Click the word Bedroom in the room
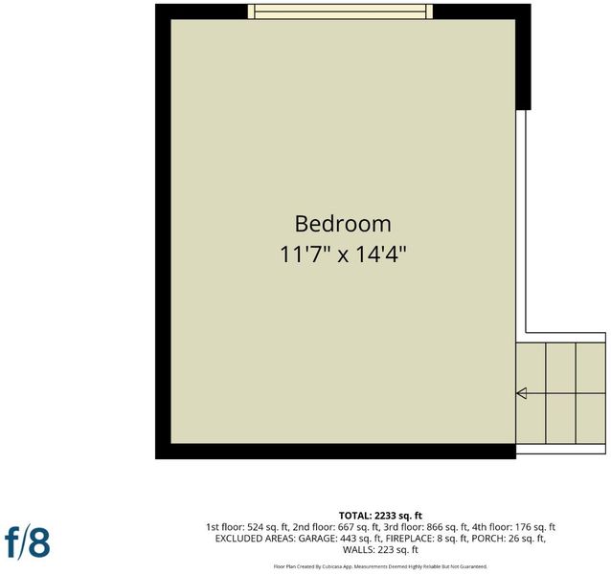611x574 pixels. click(x=343, y=224)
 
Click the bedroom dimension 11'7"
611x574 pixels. click(x=305, y=254)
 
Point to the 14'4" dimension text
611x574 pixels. click(x=381, y=254)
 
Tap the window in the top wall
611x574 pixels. click(x=340, y=11)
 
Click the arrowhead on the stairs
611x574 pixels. click(x=521, y=393)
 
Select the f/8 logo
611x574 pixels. click(x=27, y=542)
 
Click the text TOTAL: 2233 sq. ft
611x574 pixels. click(x=380, y=516)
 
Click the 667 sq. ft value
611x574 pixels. click(x=358, y=527)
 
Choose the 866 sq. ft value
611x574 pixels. click(x=447, y=527)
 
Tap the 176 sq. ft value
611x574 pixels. click(x=535, y=527)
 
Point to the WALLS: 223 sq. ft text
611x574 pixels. click(x=380, y=550)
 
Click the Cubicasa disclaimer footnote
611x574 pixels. click(x=380, y=566)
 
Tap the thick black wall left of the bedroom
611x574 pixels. click(x=163, y=232)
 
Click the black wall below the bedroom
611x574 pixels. click(x=335, y=452)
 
